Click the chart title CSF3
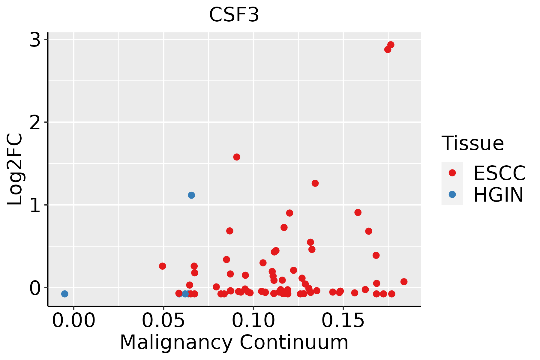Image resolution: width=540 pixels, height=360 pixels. coord(234,15)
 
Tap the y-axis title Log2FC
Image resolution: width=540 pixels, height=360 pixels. coord(15,169)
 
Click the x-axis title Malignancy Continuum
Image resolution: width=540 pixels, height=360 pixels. coord(234,343)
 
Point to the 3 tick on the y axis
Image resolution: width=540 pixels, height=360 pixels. coord(35,40)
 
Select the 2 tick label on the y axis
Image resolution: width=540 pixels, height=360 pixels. coord(35,122)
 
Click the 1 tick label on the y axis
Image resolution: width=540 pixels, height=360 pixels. coord(35,205)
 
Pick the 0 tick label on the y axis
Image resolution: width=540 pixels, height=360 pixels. coord(35,288)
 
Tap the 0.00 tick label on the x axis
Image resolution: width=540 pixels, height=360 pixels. coord(73,321)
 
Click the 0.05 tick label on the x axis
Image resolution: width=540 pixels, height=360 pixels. coord(163,321)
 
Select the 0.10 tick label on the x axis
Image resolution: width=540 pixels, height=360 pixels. coord(253,321)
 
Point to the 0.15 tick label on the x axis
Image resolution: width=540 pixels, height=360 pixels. coord(343,321)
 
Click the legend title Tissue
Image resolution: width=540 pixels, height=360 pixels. coord(473,143)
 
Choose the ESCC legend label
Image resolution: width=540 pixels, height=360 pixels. coord(499,173)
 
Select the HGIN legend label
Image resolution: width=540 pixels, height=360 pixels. coord(498,195)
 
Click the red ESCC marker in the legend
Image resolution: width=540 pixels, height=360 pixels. coord(452,173)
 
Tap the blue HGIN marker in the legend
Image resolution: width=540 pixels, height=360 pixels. coord(452,194)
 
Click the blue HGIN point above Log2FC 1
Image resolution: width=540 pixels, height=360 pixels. coord(191,195)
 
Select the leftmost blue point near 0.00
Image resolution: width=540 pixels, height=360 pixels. coord(64,294)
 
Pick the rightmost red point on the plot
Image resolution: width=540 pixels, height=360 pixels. coord(404,282)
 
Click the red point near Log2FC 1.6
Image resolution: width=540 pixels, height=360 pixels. coord(237,157)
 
